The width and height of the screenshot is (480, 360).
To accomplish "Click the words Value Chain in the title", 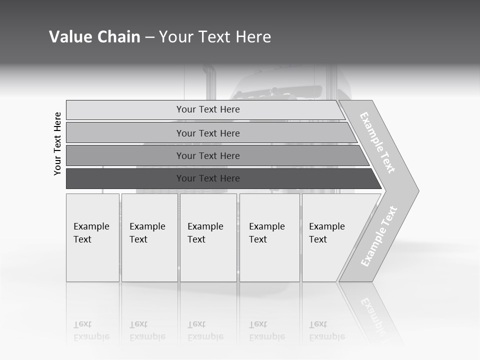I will tap(94, 37).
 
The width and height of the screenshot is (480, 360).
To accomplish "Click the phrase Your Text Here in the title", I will tap(215, 37).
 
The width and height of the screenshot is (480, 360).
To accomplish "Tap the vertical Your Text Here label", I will tap(57, 143).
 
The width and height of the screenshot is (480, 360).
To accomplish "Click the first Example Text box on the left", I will tap(92, 237).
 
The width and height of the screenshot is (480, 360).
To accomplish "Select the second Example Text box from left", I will tap(149, 237).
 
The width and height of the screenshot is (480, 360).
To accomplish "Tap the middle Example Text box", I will tap(208, 237).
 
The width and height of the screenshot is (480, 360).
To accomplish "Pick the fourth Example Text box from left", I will tap(269, 237).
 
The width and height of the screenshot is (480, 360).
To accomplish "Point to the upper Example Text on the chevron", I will tap(377, 142).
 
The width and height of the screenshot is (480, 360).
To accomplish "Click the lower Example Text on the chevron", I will tap(379, 236).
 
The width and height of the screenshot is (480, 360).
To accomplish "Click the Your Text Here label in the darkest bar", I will tap(208, 178).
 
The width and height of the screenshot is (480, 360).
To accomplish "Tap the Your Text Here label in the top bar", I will tap(208, 109).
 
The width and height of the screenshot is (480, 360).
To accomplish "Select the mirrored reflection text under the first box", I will tap(91, 331).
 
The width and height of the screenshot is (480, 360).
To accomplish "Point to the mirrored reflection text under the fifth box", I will tap(327, 331).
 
